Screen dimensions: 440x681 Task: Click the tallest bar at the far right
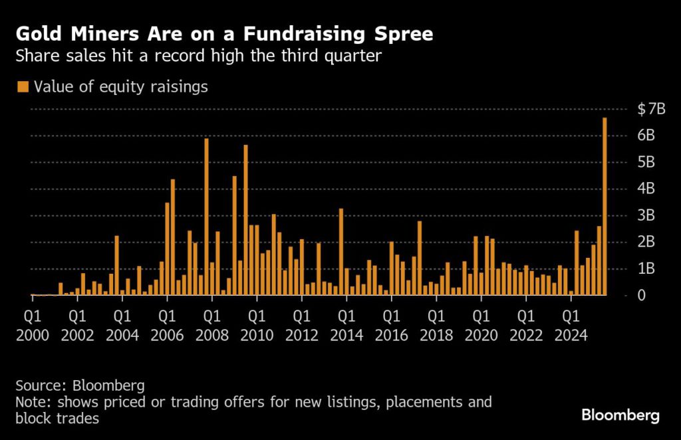click(x=605, y=206)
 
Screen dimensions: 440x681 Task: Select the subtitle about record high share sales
click(x=198, y=56)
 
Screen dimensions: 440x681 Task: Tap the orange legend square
click(x=23, y=86)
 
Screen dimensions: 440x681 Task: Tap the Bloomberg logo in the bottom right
click(x=620, y=416)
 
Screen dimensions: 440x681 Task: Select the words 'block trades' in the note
click(x=59, y=419)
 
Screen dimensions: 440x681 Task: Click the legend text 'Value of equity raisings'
click(x=120, y=86)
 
